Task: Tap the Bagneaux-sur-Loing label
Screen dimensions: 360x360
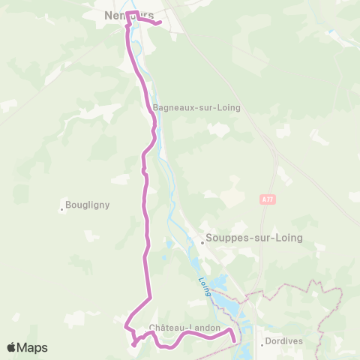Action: [x=196, y=107]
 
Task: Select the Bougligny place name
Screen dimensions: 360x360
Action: [x=88, y=203]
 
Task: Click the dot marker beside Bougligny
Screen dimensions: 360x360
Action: [x=62, y=209]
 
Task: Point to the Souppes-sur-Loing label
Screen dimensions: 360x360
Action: [x=253, y=238]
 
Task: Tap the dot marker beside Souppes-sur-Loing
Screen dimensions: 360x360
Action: [x=202, y=241]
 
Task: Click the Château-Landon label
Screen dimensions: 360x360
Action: [x=184, y=328]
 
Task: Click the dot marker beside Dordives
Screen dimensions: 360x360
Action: [x=262, y=345]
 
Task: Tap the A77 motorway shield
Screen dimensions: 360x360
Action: [x=268, y=199]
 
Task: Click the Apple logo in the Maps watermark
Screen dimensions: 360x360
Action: [x=13, y=347]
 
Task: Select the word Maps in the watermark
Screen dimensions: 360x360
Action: [x=34, y=347]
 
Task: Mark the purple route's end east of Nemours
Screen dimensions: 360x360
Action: [x=160, y=23]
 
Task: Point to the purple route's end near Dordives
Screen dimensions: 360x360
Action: [x=235, y=341]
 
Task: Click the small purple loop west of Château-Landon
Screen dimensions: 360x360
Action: [x=135, y=344]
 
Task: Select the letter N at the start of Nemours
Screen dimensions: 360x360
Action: [x=108, y=15]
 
